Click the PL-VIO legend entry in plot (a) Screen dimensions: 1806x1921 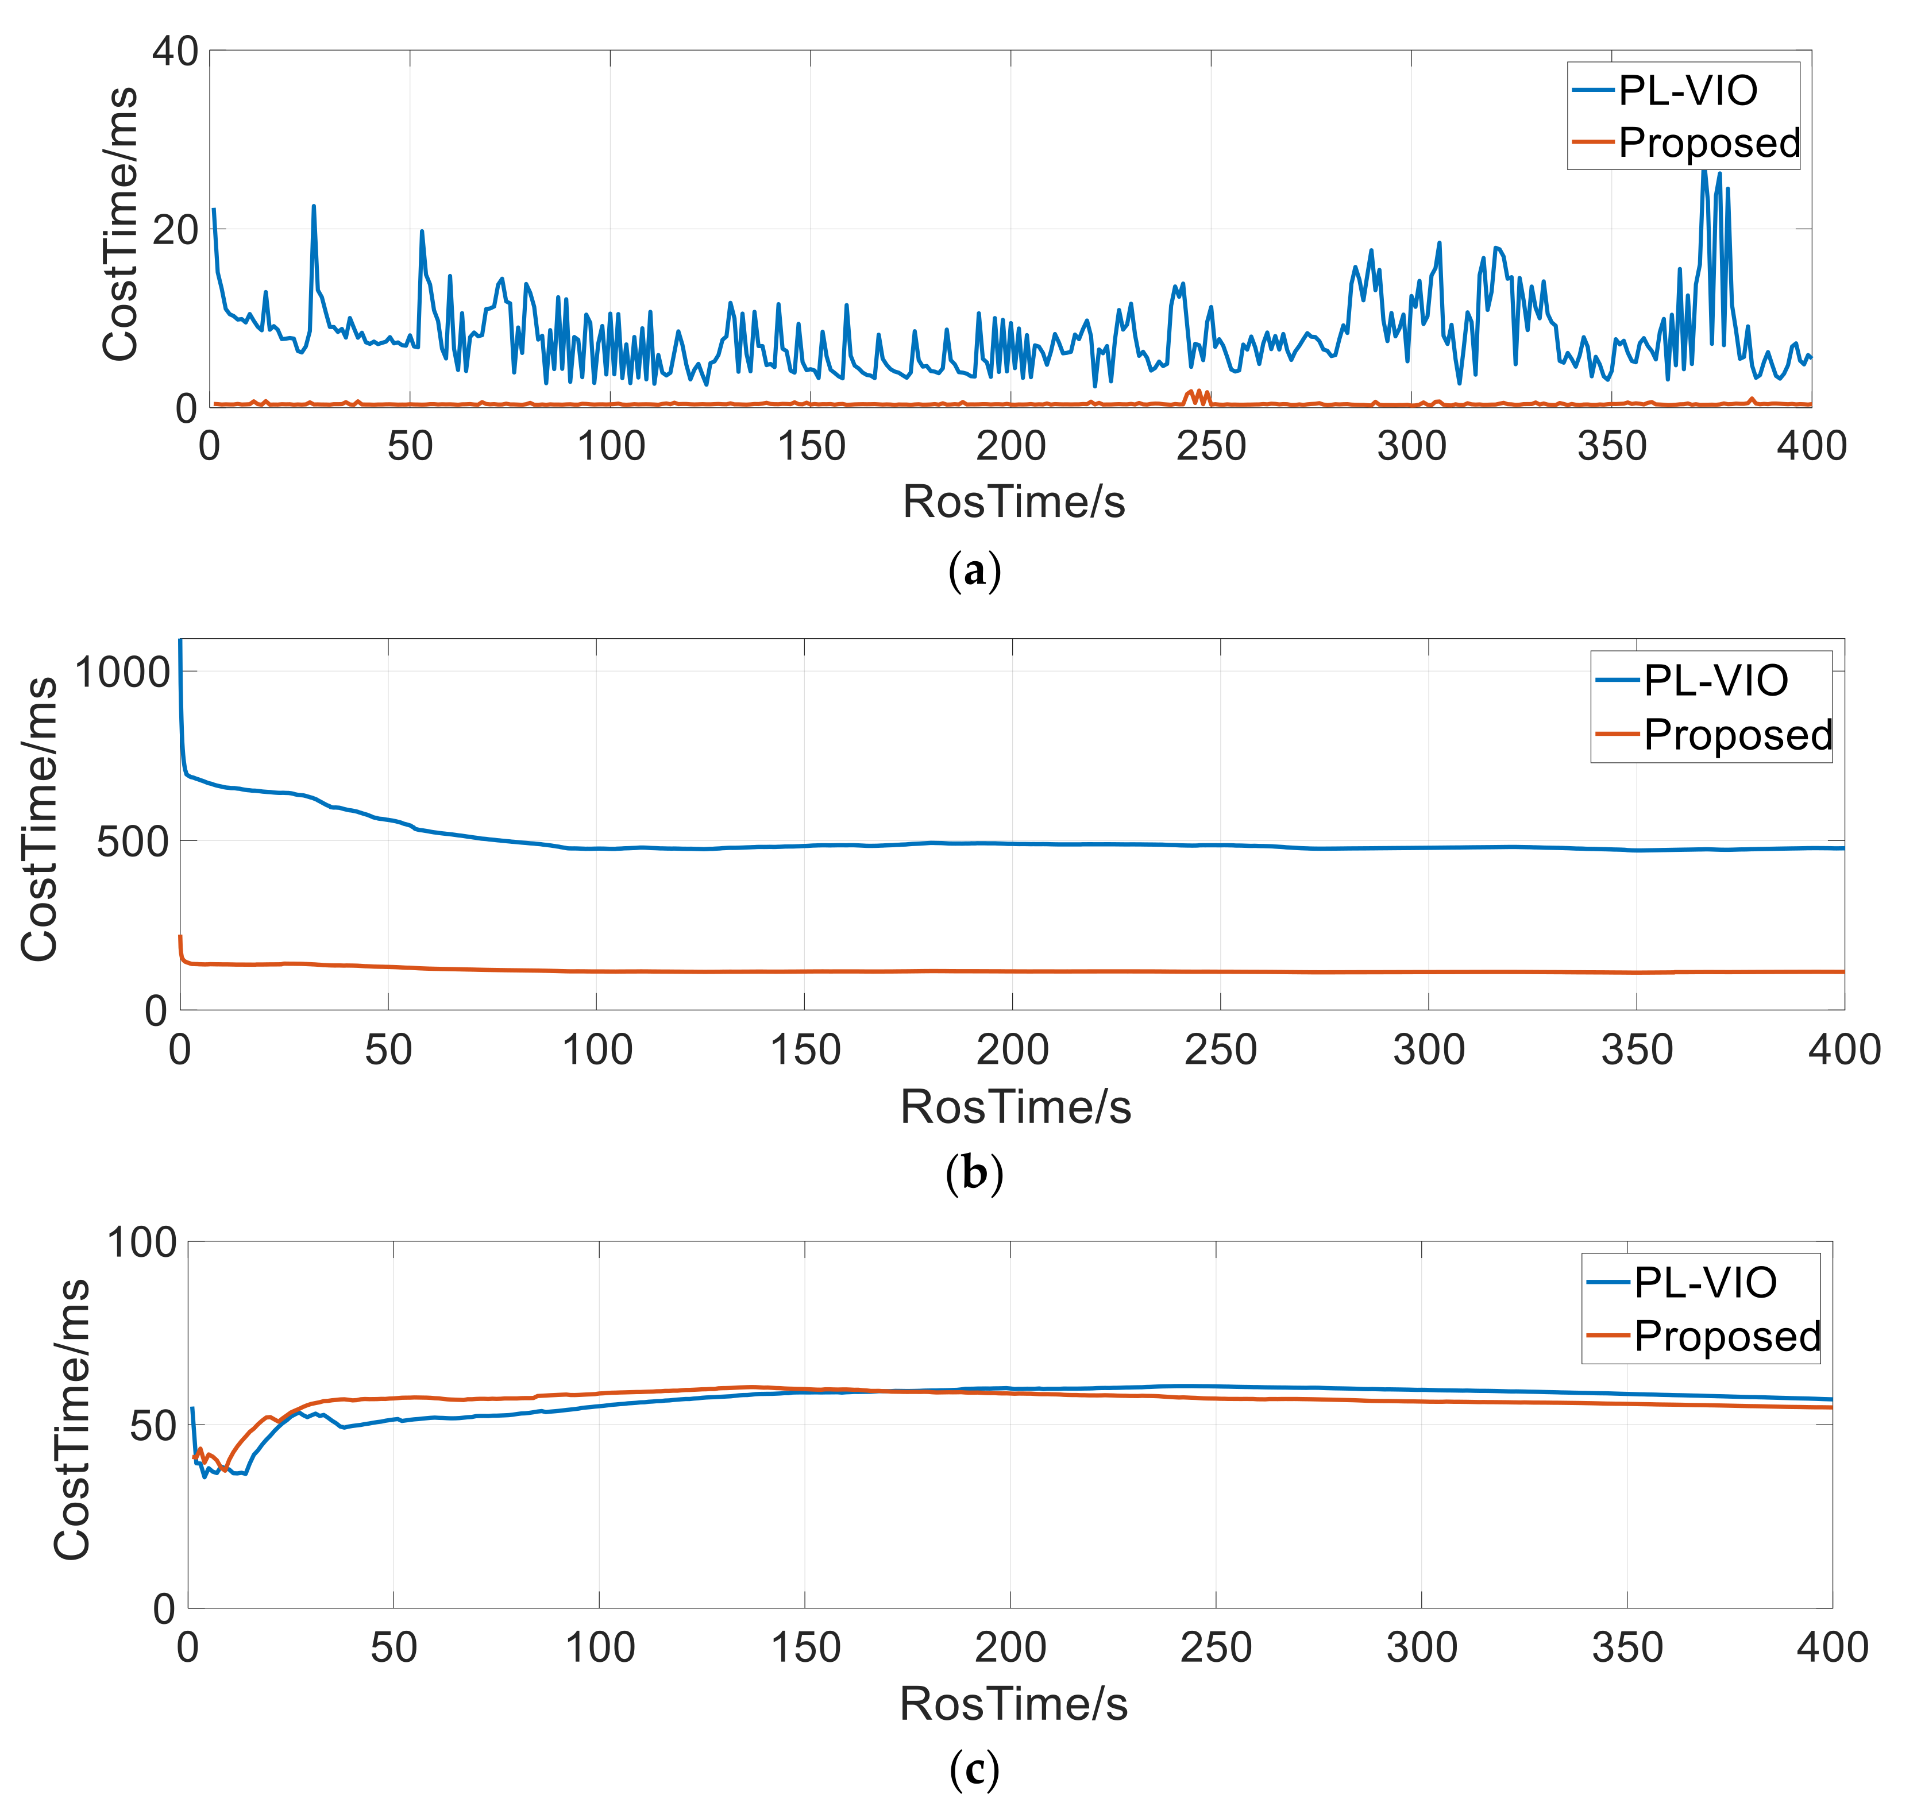(1686, 91)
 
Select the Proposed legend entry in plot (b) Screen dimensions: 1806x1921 (1737, 735)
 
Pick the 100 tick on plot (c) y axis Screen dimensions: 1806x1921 (141, 1242)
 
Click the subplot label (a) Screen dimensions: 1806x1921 (974, 571)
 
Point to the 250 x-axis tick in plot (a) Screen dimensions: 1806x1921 (1211, 446)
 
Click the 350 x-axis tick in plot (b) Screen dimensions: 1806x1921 (1636, 1051)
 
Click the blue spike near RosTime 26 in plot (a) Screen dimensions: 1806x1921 (313, 207)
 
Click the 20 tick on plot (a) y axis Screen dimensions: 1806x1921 (175, 230)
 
